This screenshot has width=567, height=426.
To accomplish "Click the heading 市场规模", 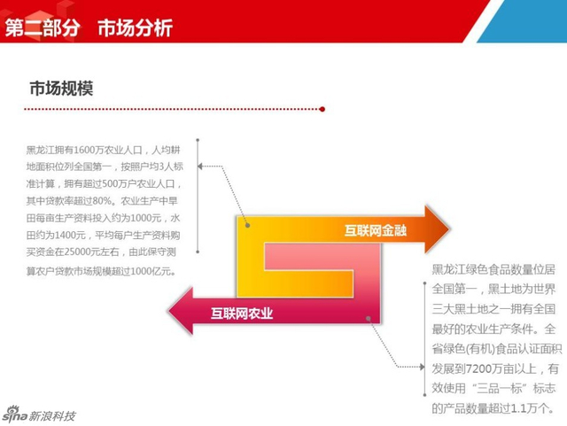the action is [x=61, y=89].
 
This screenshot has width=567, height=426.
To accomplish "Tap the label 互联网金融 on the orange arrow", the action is [x=376, y=231].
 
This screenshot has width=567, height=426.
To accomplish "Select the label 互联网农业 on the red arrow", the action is [x=242, y=313].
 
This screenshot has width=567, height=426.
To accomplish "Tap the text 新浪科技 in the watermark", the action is [x=53, y=415].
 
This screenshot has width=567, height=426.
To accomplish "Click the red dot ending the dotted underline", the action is [x=322, y=110].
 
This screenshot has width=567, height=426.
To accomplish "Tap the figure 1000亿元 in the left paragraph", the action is [x=148, y=270].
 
